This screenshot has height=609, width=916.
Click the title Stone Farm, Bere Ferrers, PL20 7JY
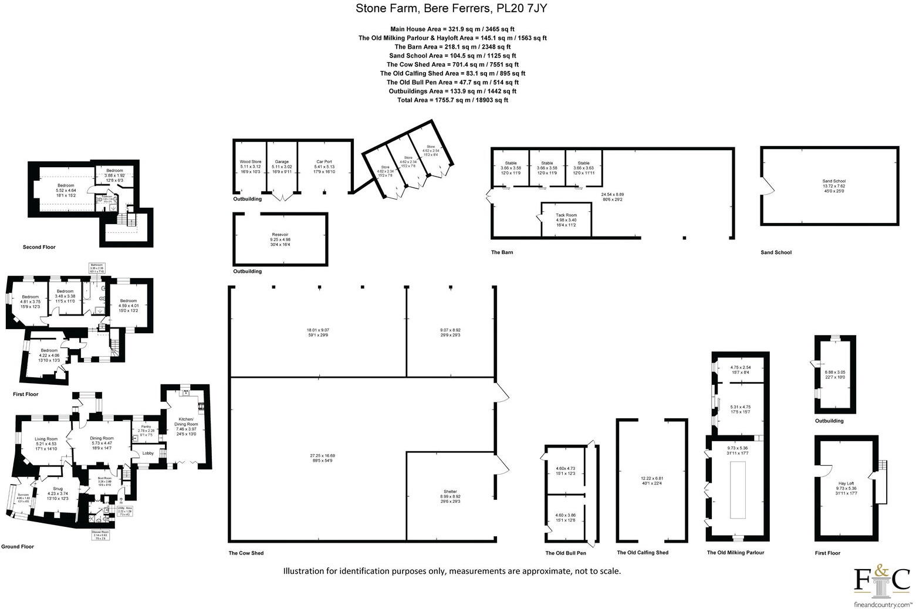(452, 9)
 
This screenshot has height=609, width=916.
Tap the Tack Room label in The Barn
(566, 215)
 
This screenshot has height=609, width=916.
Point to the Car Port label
(325, 161)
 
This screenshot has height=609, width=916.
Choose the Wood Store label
(251, 161)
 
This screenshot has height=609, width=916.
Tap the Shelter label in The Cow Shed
(450, 492)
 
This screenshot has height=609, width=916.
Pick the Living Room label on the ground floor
(46, 439)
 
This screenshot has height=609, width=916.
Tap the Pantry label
(146, 427)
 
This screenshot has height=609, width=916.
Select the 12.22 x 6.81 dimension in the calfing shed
(652, 479)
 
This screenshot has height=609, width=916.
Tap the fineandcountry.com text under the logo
(882, 604)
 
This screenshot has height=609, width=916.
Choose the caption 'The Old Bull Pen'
(566, 553)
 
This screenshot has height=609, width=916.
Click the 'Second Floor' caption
(39, 248)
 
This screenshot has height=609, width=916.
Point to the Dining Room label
(102, 438)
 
